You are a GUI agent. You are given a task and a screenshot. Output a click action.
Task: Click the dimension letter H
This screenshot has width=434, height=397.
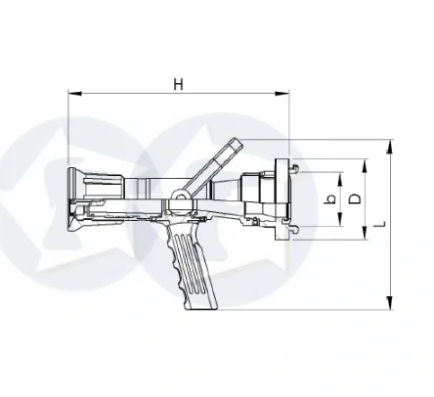click(178, 84)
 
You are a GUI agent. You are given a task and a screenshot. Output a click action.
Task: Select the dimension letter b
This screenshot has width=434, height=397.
click(330, 198)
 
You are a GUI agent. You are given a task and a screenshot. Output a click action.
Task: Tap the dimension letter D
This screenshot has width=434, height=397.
click(355, 198)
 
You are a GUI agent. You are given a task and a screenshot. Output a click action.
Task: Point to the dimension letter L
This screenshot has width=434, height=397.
click(380, 224)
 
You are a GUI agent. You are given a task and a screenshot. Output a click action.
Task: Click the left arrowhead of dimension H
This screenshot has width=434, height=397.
click(75, 94)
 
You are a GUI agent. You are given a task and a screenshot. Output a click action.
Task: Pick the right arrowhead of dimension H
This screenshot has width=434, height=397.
click(282, 94)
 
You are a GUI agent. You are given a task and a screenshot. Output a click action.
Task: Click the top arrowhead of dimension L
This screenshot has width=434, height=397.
click(390, 146)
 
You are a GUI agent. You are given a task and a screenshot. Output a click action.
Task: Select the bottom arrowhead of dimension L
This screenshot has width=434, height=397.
click(390, 303)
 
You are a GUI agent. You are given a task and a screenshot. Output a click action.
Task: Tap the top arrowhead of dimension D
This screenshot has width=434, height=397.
click(365, 166)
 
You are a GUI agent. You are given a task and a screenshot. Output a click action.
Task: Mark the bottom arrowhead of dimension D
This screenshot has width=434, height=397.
click(365, 233)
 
